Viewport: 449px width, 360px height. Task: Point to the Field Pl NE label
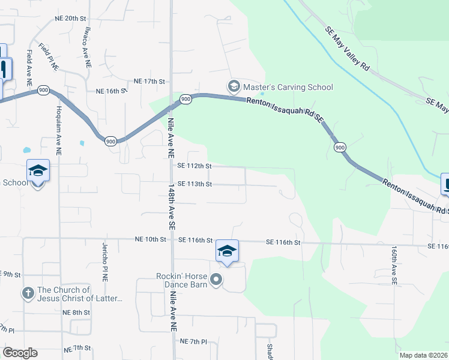[49, 58]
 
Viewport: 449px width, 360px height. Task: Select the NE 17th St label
[149, 81]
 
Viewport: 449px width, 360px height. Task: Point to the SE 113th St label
[194, 184]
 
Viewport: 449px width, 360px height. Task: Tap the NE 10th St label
[151, 239]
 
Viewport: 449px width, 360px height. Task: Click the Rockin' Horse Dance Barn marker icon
[217, 279]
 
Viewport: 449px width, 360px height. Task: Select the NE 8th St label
[76, 313]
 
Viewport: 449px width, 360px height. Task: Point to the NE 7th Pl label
[193, 341]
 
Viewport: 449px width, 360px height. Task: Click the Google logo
[20, 353]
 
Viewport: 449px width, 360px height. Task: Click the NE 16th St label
[112, 91]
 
